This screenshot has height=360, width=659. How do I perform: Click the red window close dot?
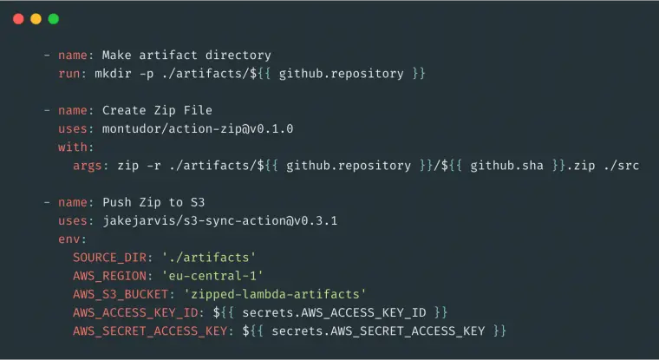(18, 19)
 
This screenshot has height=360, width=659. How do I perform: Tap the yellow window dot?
(36, 19)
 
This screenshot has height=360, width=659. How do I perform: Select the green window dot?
(54, 19)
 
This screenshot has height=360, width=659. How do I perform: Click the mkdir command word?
(113, 74)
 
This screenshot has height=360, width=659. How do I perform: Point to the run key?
(69, 74)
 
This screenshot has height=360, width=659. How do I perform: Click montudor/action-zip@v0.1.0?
(198, 128)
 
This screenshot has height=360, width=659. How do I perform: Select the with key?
(73, 147)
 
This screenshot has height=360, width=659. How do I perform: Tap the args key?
(88, 166)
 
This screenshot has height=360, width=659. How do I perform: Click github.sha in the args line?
(506, 166)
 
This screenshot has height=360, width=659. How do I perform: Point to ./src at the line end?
(621, 166)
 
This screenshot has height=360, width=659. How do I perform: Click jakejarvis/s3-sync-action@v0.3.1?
(219, 221)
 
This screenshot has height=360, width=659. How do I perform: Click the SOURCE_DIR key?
(110, 258)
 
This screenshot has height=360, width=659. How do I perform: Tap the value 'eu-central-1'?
(212, 276)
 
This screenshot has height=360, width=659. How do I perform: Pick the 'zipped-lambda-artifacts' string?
(275, 294)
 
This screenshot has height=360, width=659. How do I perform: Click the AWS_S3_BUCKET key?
(121, 294)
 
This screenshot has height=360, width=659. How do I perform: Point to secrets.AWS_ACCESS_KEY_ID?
(334, 312)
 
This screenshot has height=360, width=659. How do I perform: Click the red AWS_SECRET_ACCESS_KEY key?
(150, 331)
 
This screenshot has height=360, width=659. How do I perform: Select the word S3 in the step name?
(198, 202)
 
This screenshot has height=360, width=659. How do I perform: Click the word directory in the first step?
(238, 56)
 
